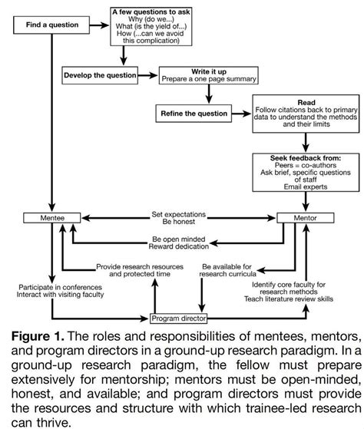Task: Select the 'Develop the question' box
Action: coord(99,76)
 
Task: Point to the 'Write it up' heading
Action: coord(207,69)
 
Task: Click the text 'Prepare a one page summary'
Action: coord(207,78)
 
